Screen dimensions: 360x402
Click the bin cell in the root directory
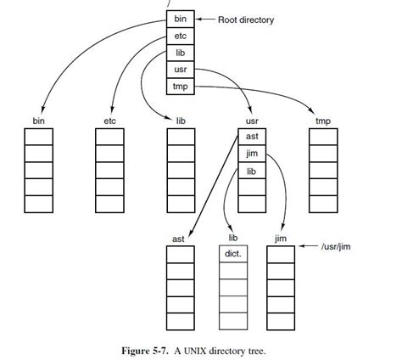(x=180, y=19)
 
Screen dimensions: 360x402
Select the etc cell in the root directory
(x=180, y=36)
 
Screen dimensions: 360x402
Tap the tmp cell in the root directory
(x=180, y=86)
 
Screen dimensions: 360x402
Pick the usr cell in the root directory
(x=180, y=69)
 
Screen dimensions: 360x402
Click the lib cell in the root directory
(x=180, y=53)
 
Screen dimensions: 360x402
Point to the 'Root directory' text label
(x=246, y=19)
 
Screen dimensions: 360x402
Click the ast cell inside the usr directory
(x=252, y=137)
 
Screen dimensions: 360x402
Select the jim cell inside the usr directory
(x=252, y=154)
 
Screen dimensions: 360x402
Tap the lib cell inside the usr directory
(x=252, y=171)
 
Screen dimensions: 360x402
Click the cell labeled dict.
(x=233, y=254)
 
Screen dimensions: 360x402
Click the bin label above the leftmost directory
(x=39, y=121)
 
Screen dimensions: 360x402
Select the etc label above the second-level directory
(x=109, y=121)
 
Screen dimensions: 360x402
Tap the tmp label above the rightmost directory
(x=322, y=121)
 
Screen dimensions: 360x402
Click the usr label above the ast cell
(x=252, y=121)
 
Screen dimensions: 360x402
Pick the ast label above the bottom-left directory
(x=178, y=239)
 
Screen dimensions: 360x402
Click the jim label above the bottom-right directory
(x=281, y=239)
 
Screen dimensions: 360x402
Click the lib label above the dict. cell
(x=233, y=239)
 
